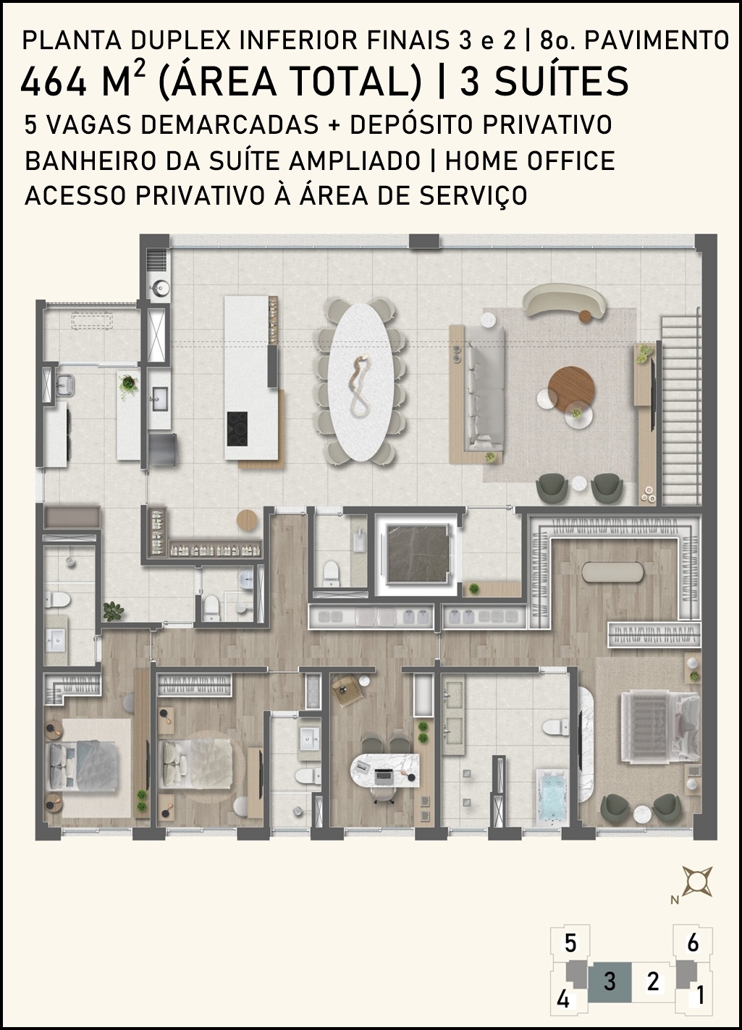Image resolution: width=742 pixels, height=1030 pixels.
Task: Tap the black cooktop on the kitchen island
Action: pyautogui.click(x=237, y=428)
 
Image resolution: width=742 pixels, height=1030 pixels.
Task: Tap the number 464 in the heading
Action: pyautogui.click(x=54, y=82)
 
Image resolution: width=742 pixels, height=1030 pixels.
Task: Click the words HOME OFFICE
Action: pyautogui.click(x=530, y=161)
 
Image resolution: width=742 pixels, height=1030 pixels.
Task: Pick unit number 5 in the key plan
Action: pyautogui.click(x=570, y=943)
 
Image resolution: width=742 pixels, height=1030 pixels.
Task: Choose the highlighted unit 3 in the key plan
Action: pyautogui.click(x=610, y=981)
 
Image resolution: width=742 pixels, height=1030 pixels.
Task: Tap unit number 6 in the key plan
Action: pyautogui.click(x=693, y=943)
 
